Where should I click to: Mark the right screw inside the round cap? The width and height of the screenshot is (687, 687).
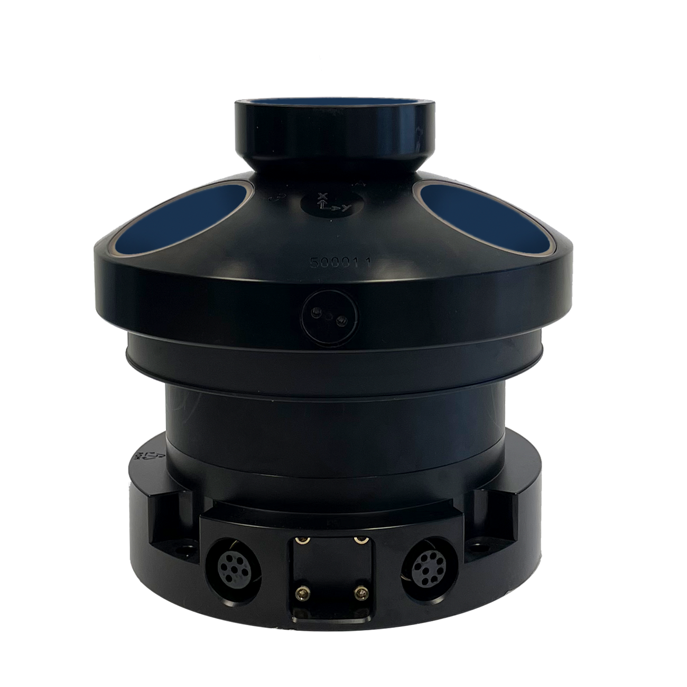coord(342,318)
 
